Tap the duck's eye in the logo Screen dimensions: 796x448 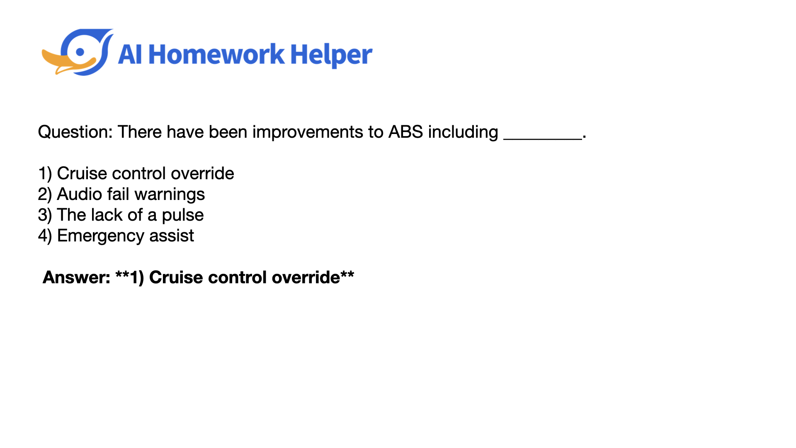(x=80, y=52)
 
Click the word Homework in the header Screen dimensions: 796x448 (x=216, y=54)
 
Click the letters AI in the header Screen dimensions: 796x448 (x=130, y=54)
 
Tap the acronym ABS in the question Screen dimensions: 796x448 (x=405, y=132)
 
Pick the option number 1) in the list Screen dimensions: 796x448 (x=45, y=173)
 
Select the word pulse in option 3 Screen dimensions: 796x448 (x=183, y=215)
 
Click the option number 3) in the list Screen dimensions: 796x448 (x=45, y=215)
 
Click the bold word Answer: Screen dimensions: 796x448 (x=77, y=277)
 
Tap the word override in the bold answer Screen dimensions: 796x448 (x=306, y=277)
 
